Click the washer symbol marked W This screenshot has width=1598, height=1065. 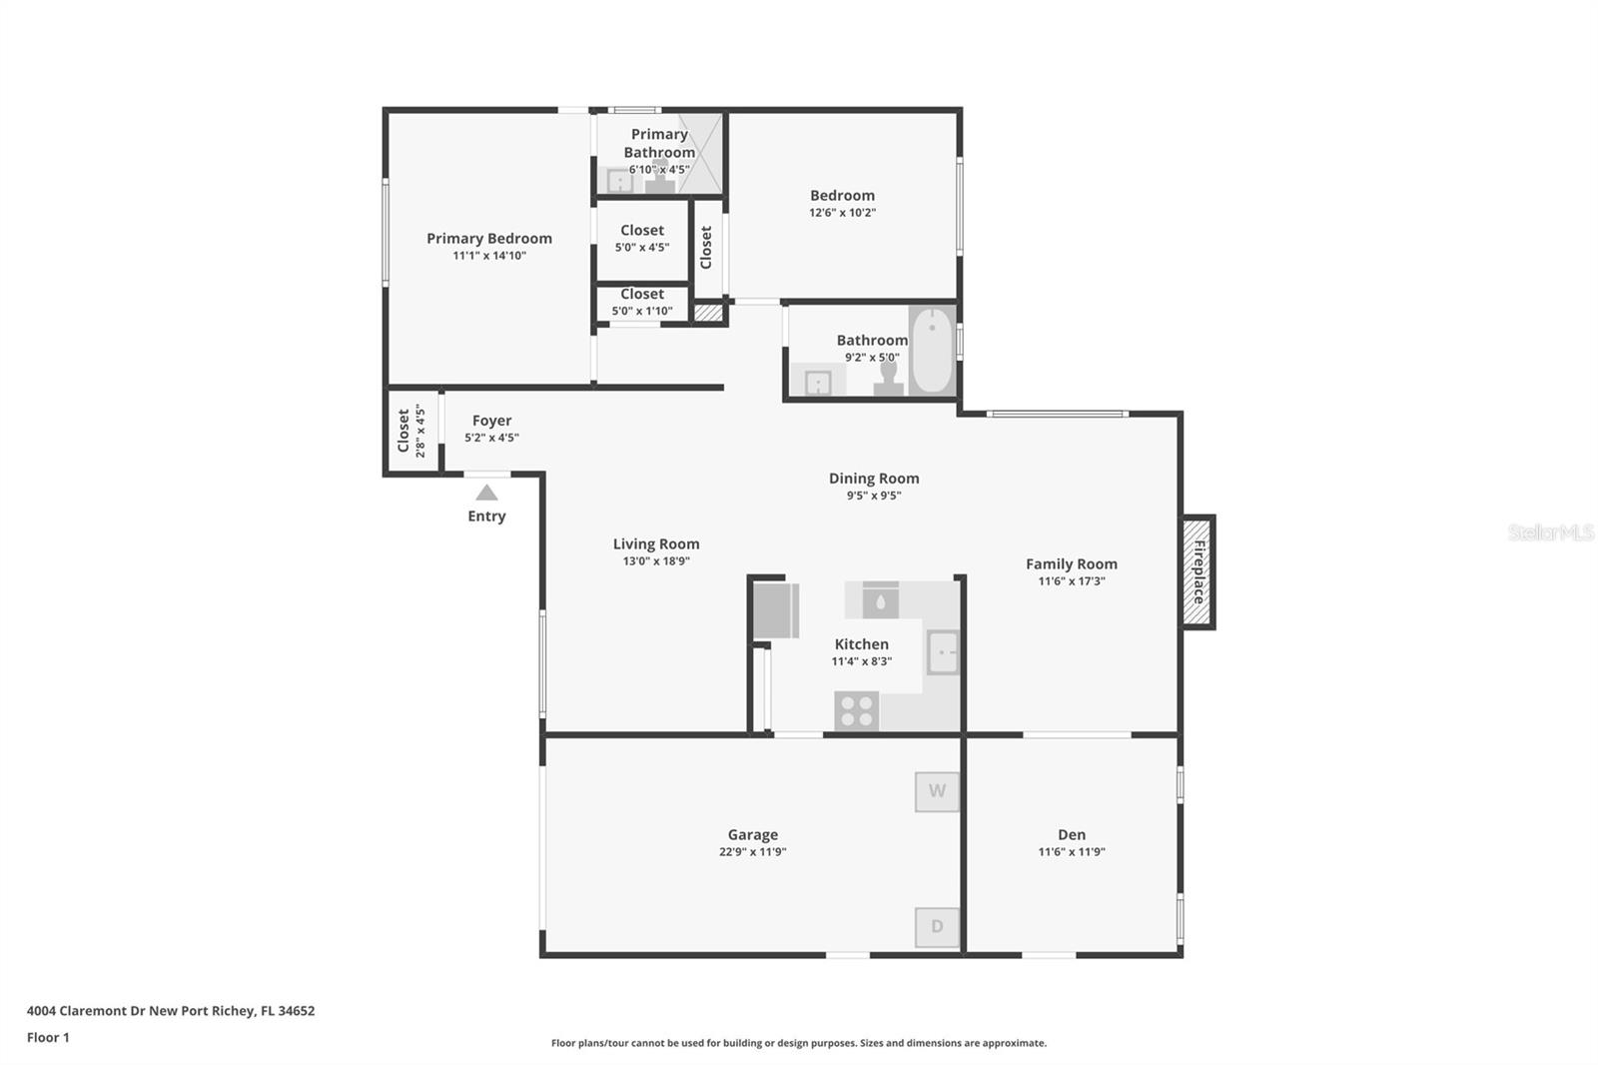point(937,791)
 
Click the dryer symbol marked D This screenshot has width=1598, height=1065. point(937,926)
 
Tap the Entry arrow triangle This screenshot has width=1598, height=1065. point(486,493)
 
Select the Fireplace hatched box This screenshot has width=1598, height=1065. point(1198,571)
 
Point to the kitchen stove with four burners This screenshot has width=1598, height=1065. point(857,711)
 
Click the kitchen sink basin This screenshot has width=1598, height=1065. point(943,652)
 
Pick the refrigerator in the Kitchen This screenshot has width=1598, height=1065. point(776,610)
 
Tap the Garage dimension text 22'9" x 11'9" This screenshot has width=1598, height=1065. point(753,851)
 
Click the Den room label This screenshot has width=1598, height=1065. point(1072,834)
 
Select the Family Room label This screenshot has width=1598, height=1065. point(1072,563)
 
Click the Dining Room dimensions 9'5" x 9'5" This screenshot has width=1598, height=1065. point(874,496)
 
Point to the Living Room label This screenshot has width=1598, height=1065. point(656,543)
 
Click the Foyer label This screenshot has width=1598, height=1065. point(491,422)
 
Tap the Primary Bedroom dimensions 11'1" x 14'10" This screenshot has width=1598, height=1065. point(489,256)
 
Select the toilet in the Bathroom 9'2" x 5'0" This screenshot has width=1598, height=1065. point(888,379)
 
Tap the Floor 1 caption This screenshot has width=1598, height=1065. point(48,1037)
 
